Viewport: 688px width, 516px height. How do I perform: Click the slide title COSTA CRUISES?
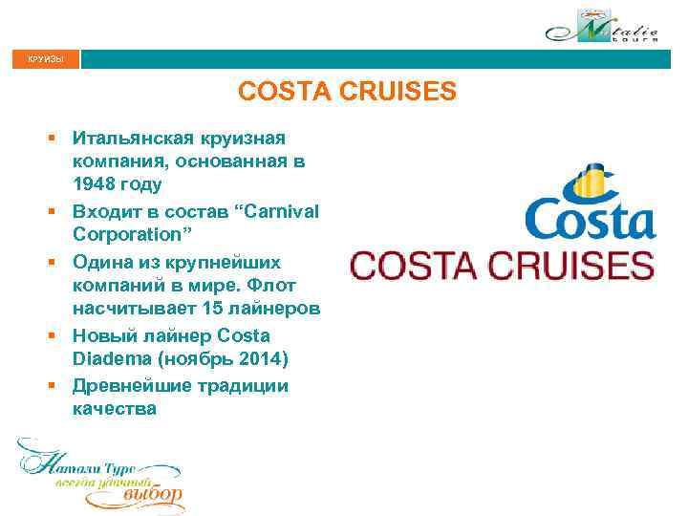click(x=347, y=93)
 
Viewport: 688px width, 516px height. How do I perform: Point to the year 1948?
click(x=95, y=184)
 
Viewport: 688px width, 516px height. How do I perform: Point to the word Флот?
click(x=276, y=285)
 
